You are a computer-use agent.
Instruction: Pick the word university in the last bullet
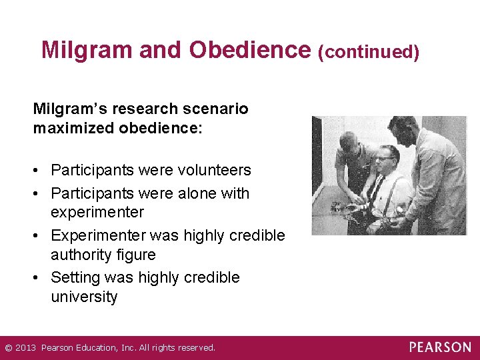84,297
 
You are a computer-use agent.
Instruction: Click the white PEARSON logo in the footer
439,347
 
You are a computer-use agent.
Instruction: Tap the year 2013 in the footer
25,348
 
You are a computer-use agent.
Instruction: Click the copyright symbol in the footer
7,348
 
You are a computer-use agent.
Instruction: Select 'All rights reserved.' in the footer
177,348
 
